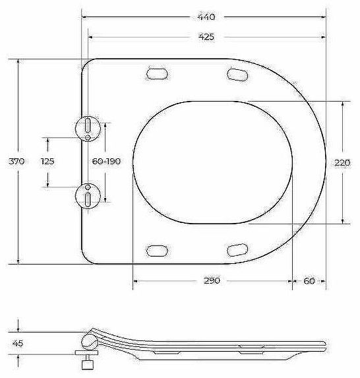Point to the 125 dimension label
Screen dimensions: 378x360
coord(47,162)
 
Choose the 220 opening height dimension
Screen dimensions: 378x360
coord(342,162)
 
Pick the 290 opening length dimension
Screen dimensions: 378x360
coord(211,280)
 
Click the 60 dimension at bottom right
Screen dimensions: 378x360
coord(309,280)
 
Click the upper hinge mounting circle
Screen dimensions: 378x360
coord(87,127)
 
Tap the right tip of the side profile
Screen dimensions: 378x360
coord(325,344)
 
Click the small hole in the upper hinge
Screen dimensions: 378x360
coord(87,137)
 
